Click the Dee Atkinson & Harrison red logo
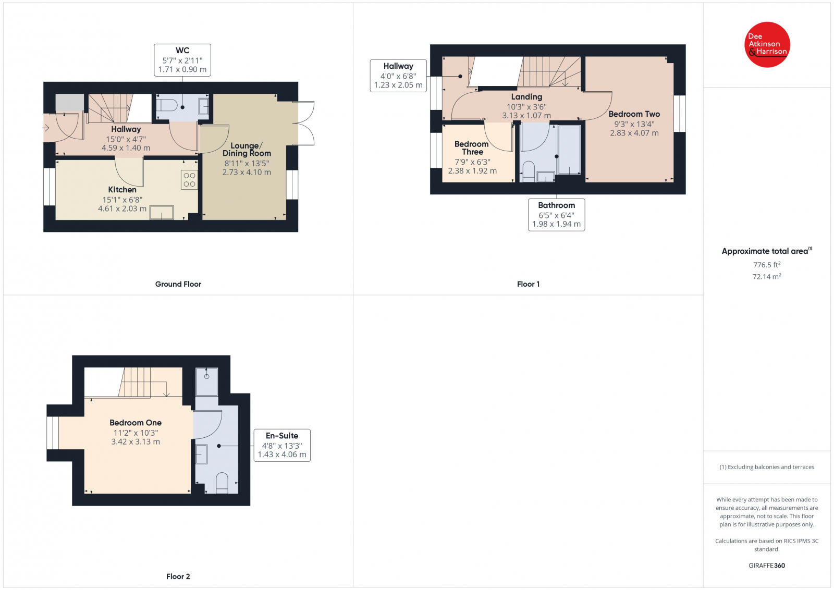[767, 44]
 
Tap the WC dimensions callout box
[182, 60]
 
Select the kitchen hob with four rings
[189, 180]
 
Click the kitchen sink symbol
[162, 213]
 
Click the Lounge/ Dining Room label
[247, 150]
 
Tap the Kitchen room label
[122, 190]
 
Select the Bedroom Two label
[634, 114]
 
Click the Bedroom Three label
[472, 148]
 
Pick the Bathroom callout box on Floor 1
[556, 214]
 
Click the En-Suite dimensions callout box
[282, 445]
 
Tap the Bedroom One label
[136, 423]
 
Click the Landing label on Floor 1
[526, 97]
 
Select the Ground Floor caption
[178, 284]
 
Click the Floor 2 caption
[178, 576]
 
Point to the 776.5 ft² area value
[766, 265]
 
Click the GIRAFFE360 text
[766, 566]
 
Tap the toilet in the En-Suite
[222, 483]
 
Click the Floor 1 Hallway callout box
[398, 76]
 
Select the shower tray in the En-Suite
[207, 382]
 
